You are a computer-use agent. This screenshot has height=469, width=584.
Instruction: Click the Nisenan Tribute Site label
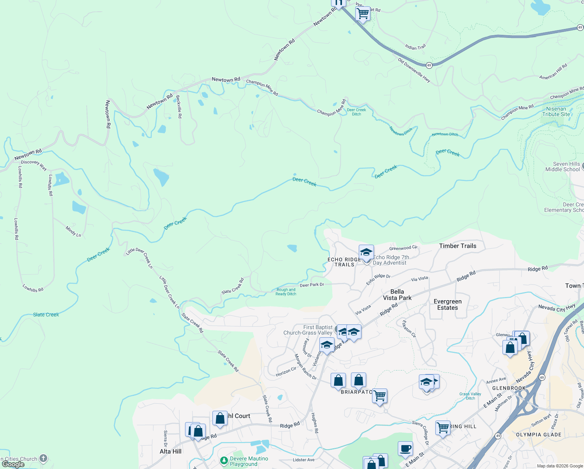click(x=556, y=112)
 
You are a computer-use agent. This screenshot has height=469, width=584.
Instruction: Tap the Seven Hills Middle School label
click(x=563, y=167)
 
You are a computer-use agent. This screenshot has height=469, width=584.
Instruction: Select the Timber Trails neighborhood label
click(x=458, y=246)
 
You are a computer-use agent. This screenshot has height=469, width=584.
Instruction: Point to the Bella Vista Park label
click(x=397, y=295)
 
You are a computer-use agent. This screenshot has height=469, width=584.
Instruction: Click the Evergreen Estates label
click(x=447, y=304)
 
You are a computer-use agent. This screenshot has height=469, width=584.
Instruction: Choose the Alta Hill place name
click(x=171, y=451)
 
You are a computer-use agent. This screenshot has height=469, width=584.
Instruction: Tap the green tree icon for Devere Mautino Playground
click(x=224, y=461)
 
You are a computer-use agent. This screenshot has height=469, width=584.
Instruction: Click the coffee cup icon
click(x=405, y=448)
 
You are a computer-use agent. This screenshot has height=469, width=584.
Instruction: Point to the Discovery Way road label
click(x=34, y=165)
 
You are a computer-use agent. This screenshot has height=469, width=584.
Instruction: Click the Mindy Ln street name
click(x=73, y=231)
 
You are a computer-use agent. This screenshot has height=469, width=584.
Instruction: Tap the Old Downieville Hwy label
click(x=414, y=70)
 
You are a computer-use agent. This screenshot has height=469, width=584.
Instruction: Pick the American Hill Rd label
click(x=553, y=72)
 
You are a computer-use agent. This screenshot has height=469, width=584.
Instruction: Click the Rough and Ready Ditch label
click(x=286, y=292)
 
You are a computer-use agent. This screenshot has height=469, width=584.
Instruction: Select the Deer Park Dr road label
click(x=312, y=285)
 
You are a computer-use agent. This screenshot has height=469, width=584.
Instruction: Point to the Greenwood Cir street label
click(x=403, y=248)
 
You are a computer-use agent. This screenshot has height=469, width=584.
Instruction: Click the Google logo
click(x=13, y=464)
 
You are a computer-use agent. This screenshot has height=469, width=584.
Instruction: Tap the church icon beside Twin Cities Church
click(x=43, y=458)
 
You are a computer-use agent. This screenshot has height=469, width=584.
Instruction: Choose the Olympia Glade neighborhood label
click(x=538, y=435)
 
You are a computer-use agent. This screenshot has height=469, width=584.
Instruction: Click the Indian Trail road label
click(x=415, y=47)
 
